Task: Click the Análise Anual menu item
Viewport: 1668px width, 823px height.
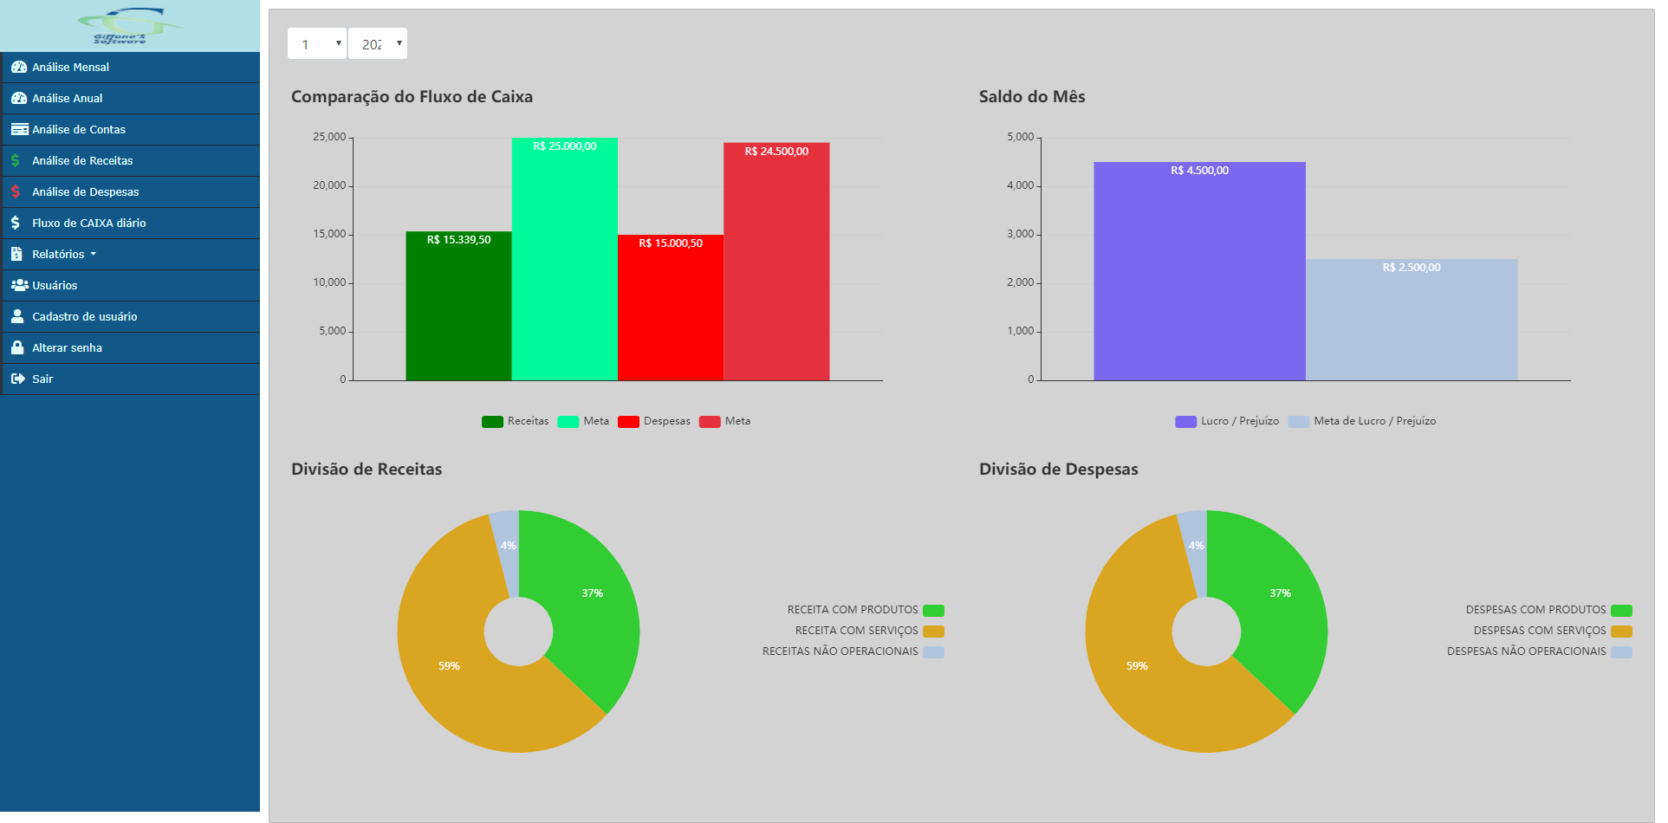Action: click(67, 99)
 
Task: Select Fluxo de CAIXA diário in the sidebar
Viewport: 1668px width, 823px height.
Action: click(88, 224)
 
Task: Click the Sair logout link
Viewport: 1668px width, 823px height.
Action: click(42, 379)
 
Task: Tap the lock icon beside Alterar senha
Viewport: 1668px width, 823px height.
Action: click(17, 347)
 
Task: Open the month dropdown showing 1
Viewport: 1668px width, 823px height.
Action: click(317, 44)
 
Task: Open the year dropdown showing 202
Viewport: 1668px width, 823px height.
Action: click(378, 44)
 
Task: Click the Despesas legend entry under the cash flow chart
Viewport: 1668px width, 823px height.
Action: click(655, 422)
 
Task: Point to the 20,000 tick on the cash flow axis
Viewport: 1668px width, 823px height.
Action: click(329, 185)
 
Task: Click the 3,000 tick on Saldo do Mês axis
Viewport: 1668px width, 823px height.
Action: click(1020, 234)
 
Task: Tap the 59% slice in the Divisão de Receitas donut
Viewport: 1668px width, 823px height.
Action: click(459, 676)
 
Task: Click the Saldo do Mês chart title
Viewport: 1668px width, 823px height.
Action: click(1031, 97)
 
